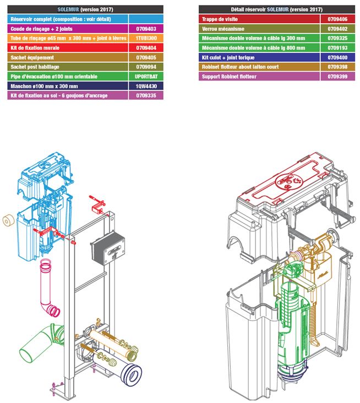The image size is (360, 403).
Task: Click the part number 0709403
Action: pyautogui.click(x=145, y=28)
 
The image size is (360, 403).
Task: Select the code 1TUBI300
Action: pyautogui.click(x=145, y=38)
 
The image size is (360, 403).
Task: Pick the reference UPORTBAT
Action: pyautogui.click(x=145, y=76)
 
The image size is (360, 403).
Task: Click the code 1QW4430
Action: pyautogui.click(x=145, y=86)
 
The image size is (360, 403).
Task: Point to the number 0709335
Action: pyautogui.click(x=145, y=95)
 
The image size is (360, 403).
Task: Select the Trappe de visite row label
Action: pyautogui.click(x=217, y=19)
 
